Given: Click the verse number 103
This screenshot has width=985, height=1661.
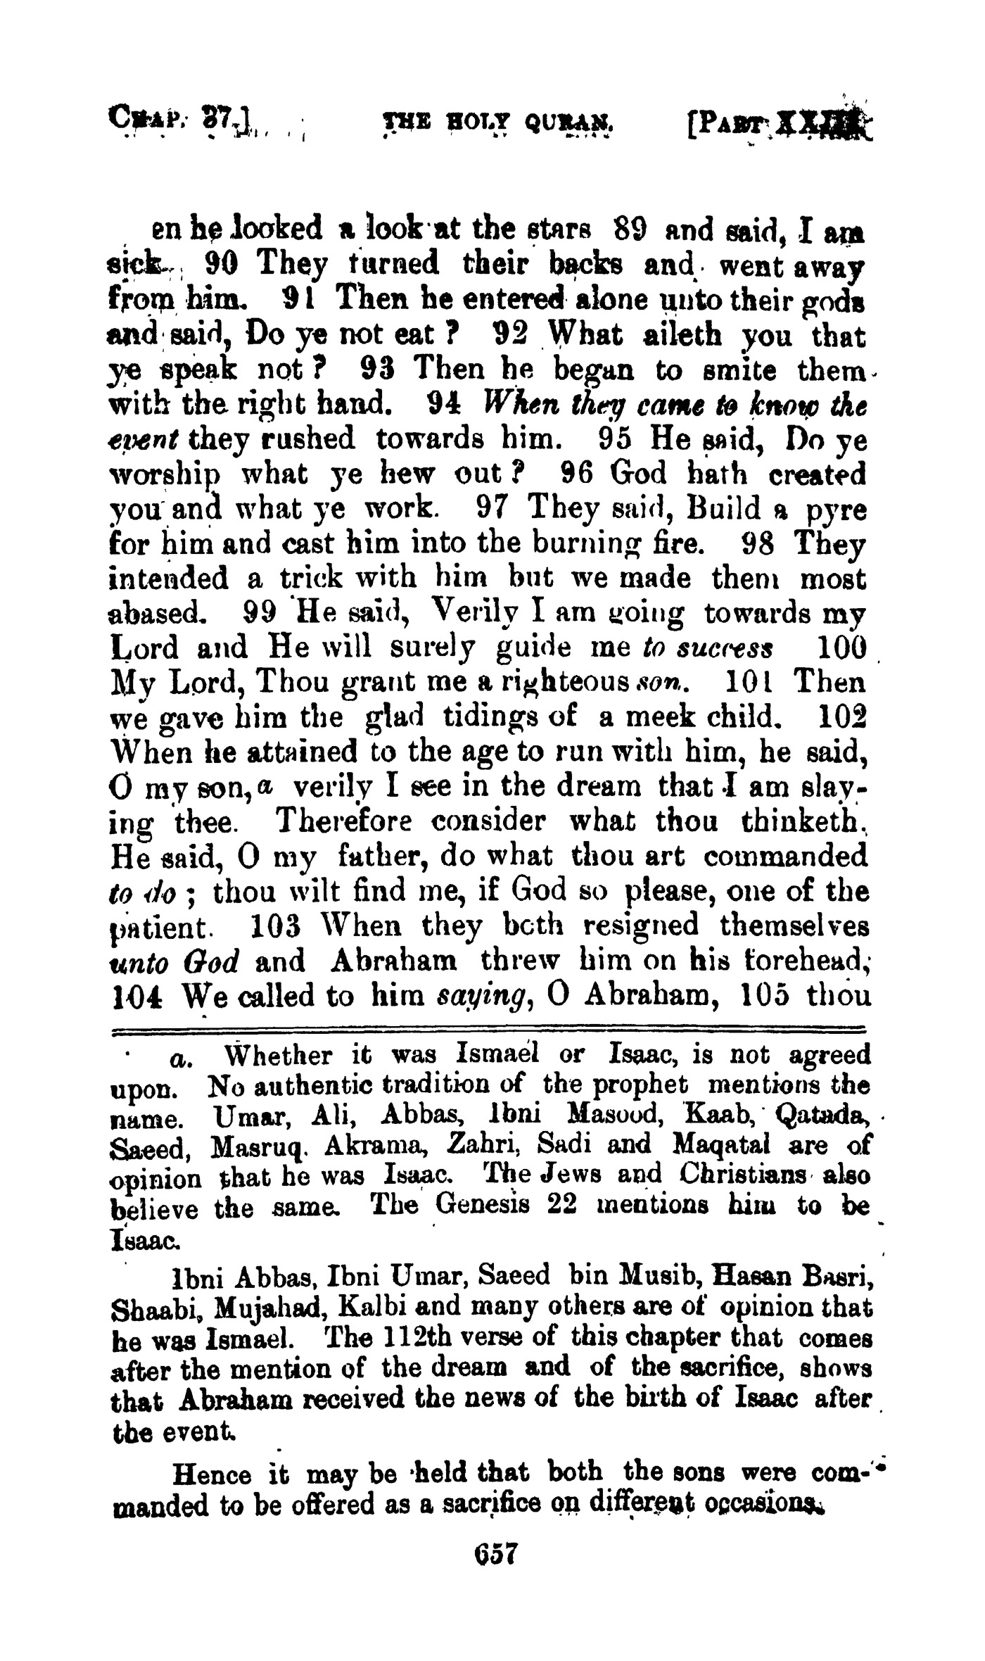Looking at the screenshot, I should tap(271, 925).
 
